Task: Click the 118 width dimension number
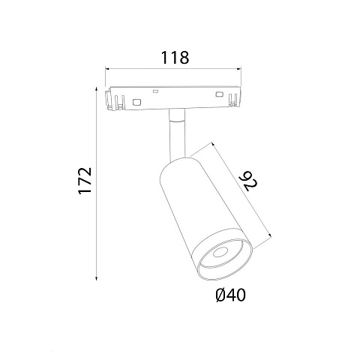pos(175,57)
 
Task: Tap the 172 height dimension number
pos(85,181)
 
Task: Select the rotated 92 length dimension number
pos(250,181)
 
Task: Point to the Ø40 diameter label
pos(230,295)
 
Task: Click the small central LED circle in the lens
pos(220,253)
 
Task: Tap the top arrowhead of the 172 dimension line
pos(97,89)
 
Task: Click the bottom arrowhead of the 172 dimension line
pos(97,277)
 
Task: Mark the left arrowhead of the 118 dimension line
pos(108,68)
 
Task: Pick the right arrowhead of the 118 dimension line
pos(238,68)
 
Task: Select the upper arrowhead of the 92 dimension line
pos(213,145)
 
